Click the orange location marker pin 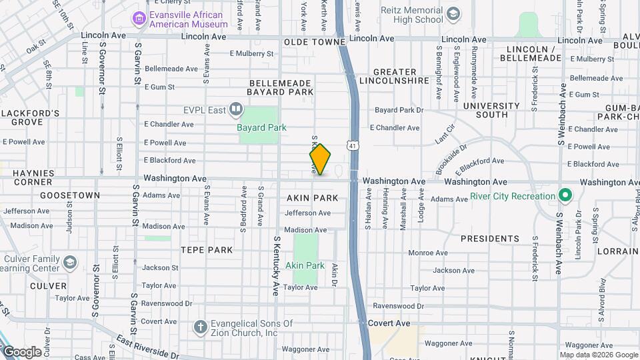coord(320,159)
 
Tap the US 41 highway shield coord(352,145)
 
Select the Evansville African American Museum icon coord(139,18)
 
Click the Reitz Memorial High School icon coord(453,14)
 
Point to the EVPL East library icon coord(235,109)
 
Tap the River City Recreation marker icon coord(565,196)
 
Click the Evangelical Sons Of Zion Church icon coord(199,327)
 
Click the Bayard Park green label coord(261,127)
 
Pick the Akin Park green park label coord(305,265)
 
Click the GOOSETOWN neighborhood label coord(70,195)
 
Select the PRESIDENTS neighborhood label coord(490,238)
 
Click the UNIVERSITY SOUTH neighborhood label coord(491,110)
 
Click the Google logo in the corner coord(22,351)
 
